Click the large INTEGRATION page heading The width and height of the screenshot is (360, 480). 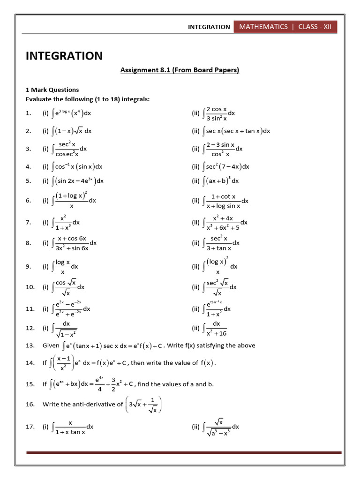64,56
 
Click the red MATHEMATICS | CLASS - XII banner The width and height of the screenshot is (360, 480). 285,27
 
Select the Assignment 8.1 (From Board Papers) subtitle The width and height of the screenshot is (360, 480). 180,70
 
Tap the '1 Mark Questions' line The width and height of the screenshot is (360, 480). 52,90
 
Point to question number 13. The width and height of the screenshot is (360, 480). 30,346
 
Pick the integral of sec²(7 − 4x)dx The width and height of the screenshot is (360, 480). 226,166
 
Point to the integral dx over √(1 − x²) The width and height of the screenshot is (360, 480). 66,329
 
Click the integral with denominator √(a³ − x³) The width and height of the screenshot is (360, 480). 221,427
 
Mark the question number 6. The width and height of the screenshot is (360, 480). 29,201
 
